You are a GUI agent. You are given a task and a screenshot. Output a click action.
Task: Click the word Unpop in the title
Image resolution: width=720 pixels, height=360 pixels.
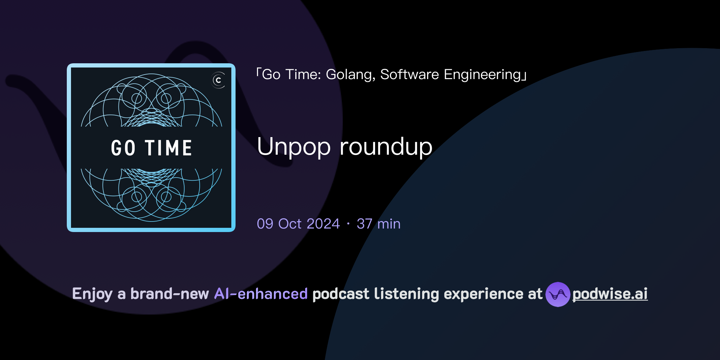pos(294,147)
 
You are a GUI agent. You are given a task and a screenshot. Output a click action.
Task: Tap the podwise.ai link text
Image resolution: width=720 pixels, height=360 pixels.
pos(610,294)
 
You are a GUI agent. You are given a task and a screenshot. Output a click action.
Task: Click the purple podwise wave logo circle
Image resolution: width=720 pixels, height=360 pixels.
pos(558,294)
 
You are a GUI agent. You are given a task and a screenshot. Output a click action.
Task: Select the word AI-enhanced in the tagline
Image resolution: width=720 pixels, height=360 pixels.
pos(261,294)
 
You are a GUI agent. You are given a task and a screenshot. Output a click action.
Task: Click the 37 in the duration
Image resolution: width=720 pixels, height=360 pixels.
pos(364,224)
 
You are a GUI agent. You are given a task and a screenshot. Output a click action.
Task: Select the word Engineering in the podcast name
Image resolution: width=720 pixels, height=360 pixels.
pos(483,75)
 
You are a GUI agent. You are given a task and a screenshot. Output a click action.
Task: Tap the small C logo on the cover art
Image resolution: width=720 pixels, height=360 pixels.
pos(218,81)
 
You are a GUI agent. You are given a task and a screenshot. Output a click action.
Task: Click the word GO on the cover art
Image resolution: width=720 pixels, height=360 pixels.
pos(123,148)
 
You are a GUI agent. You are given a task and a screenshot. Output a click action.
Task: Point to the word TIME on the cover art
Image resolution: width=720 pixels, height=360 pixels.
pos(168,148)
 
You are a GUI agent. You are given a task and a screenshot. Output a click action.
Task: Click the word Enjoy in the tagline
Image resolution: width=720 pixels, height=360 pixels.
pos(92,294)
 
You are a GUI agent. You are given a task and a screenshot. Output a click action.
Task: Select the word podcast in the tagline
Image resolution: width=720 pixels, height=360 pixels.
pos(341,294)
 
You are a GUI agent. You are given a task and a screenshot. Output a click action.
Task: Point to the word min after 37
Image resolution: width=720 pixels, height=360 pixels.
pos(389,224)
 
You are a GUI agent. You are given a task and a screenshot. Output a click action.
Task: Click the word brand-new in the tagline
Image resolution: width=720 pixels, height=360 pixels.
pos(169,294)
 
